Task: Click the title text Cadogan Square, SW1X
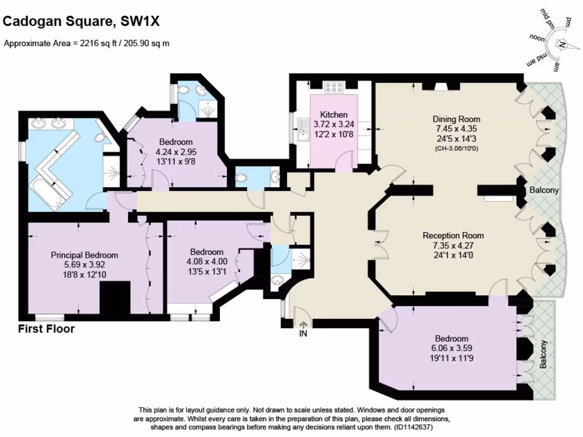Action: click(x=81, y=22)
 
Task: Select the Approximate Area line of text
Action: click(x=87, y=43)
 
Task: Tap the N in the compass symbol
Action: click(x=561, y=44)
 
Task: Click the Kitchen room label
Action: click(x=334, y=114)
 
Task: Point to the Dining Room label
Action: click(x=457, y=119)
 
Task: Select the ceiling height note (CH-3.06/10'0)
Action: click(x=457, y=148)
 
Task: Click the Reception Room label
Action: click(x=453, y=235)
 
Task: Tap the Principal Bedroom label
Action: click(x=84, y=255)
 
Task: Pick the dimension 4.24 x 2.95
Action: click(x=175, y=152)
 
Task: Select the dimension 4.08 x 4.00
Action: click(x=207, y=261)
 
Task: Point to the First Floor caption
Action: click(x=46, y=329)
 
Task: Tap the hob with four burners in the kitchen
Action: click(x=333, y=88)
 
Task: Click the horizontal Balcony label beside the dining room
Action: click(x=544, y=190)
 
